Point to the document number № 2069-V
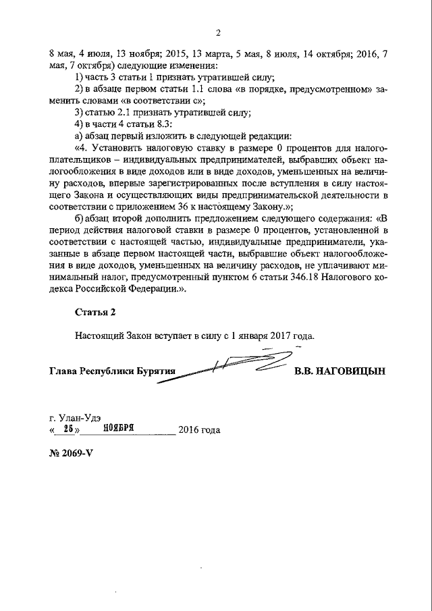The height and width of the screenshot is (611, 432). (x=70, y=452)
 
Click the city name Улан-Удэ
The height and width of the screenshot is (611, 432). (x=79, y=417)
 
